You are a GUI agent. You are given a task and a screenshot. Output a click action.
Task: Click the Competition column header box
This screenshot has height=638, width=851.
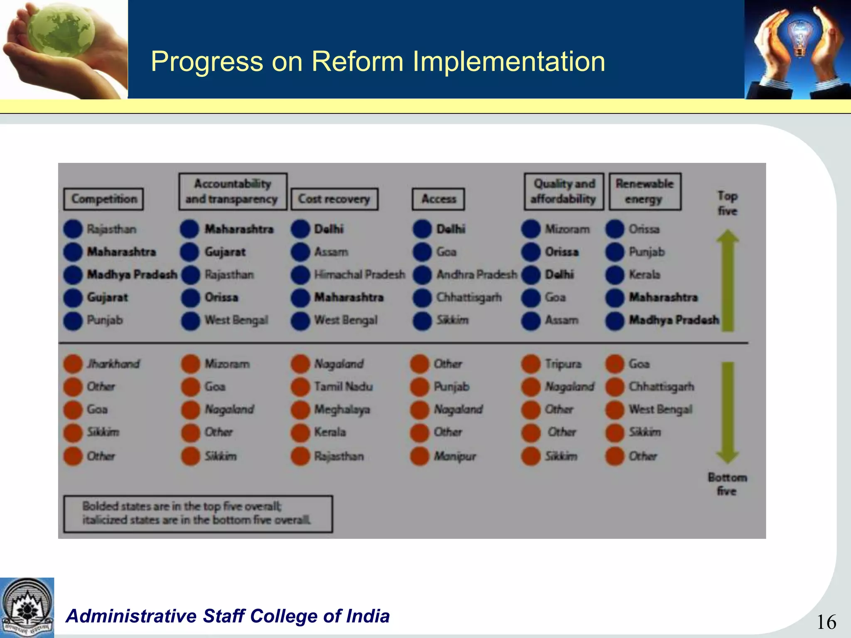pos(103,199)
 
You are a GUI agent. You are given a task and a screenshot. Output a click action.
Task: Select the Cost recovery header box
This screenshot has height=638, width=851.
pos(334,199)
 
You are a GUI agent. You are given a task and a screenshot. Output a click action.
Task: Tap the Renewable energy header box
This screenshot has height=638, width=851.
pos(644,191)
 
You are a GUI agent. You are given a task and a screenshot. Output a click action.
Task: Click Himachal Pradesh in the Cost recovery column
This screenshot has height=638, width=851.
pos(359,275)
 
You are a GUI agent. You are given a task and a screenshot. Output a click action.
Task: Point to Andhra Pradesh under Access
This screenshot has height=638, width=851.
pos(477,275)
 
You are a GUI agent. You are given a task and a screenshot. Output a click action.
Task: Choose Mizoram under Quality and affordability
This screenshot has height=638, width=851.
pos(567,229)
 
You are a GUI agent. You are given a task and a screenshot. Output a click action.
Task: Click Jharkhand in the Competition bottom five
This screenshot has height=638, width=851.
pos(113,364)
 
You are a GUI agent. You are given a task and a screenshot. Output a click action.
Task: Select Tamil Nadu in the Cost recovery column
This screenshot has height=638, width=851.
pos(343,387)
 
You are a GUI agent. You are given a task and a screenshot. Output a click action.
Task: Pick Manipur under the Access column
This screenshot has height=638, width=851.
pos(455,456)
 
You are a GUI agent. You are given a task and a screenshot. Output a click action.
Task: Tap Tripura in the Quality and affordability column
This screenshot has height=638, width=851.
pos(563,364)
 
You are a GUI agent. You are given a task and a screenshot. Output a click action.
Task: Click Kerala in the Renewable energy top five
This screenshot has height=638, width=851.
pos(644,275)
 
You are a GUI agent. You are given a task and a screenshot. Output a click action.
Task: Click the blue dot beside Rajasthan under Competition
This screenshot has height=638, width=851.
pos(73,229)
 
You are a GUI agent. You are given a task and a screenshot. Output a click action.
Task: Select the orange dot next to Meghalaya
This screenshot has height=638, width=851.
pos(300,410)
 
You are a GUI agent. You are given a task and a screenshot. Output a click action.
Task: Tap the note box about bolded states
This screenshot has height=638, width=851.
pos(198,513)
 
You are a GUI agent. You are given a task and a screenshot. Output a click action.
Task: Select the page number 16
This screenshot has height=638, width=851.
pos(826,622)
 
